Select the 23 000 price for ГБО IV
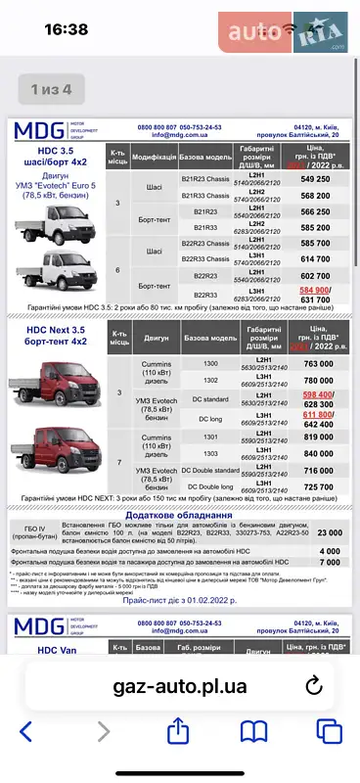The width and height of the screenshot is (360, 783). coord(329,532)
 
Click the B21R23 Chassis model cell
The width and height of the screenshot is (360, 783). coord(205,180)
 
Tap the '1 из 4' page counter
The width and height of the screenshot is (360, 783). coord(51,89)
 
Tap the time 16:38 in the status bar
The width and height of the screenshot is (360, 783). coord(67,30)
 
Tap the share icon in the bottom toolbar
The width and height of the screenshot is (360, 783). coord(178,731)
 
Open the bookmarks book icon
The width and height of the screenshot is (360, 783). coord(254,731)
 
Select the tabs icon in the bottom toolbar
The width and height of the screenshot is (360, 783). coord(329,731)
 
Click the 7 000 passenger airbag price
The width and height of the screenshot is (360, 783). coord(329,563)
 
